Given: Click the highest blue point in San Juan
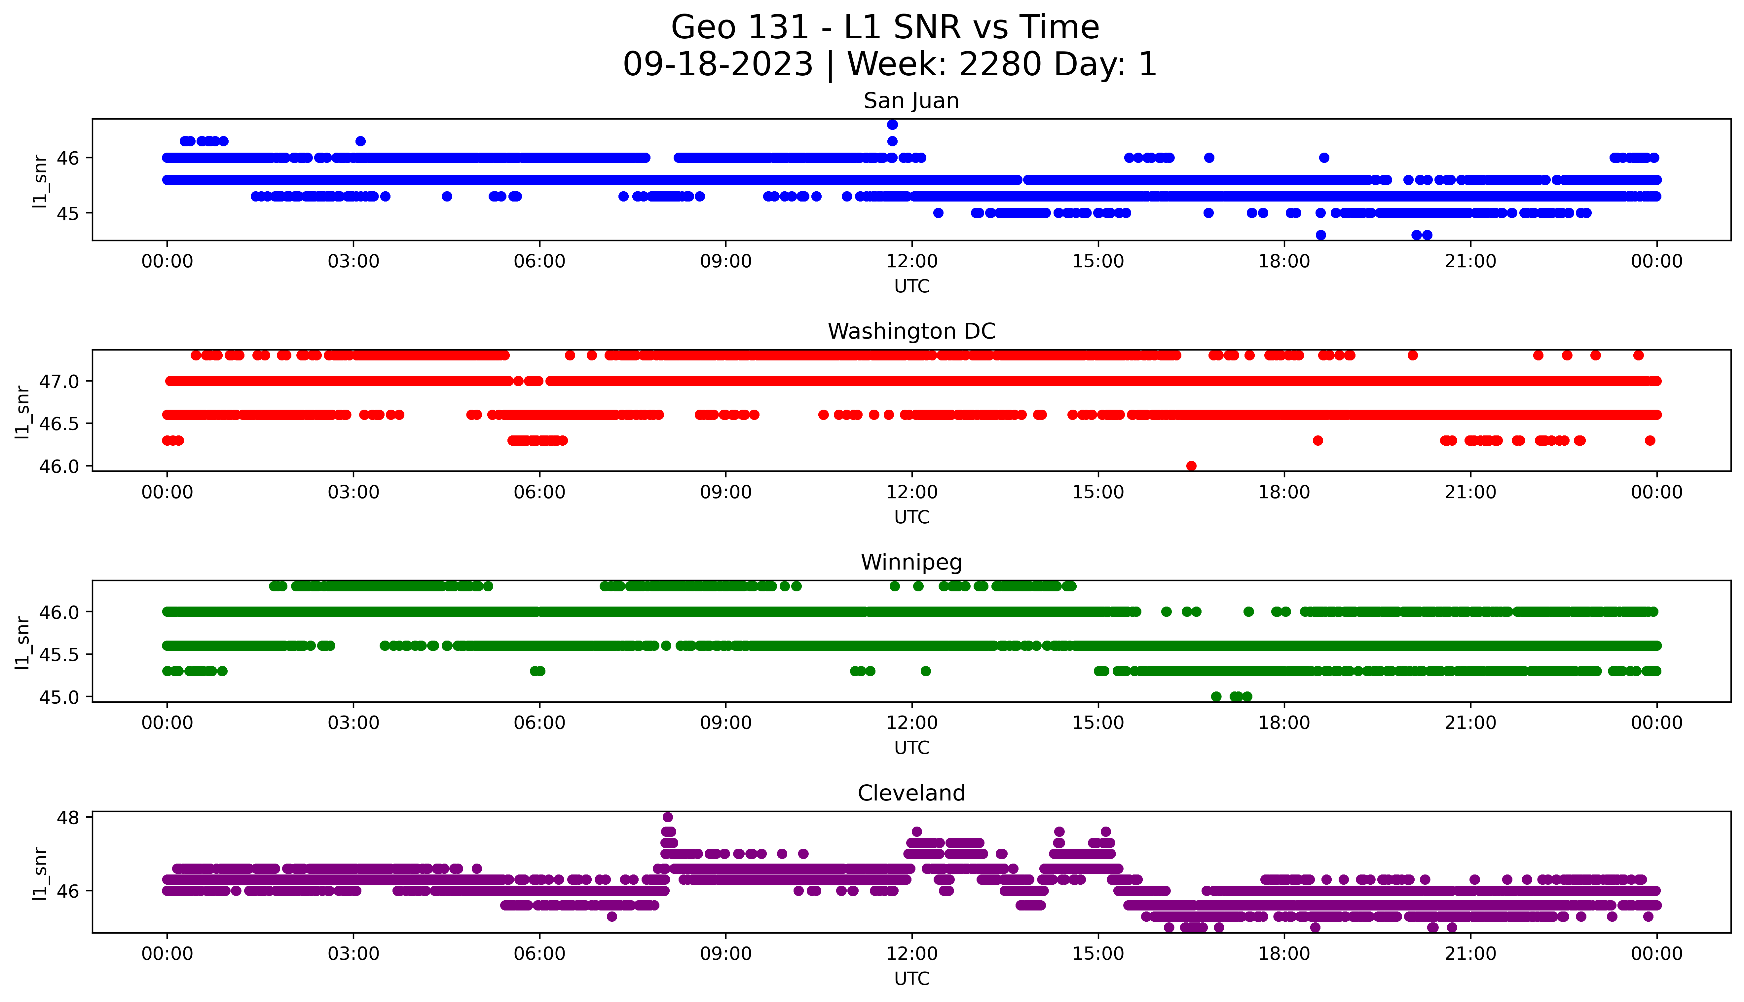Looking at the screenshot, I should [x=892, y=125].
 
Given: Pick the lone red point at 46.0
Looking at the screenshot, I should [x=1192, y=466].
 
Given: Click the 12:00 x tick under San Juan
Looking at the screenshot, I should [x=911, y=262].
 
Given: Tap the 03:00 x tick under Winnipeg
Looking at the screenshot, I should [x=353, y=723].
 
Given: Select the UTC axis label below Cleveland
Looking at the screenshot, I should [x=911, y=978].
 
